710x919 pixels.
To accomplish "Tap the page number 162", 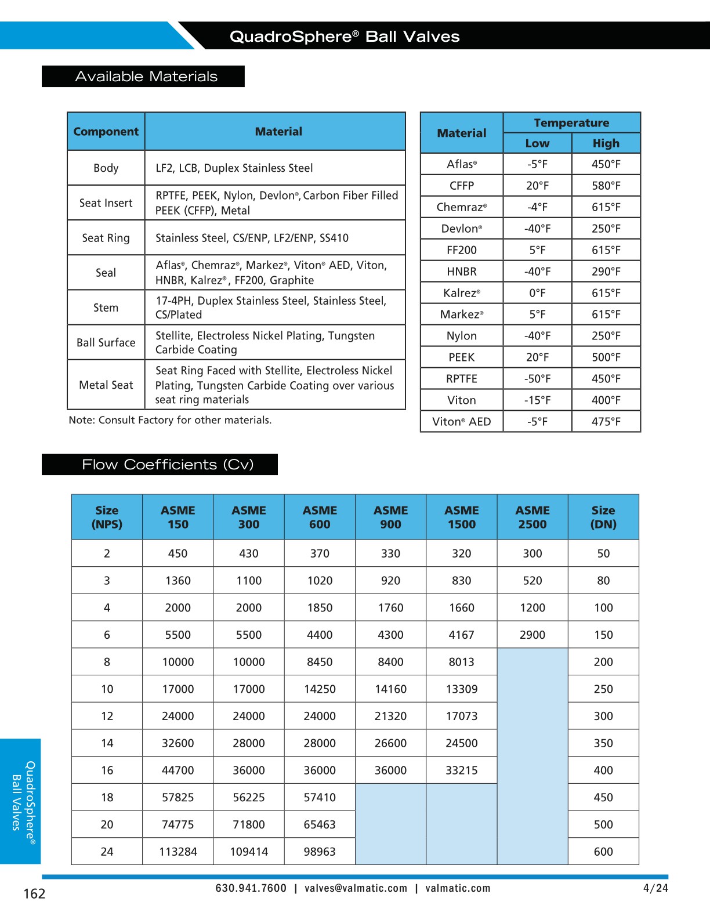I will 34,894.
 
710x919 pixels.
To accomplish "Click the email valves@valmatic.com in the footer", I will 356,888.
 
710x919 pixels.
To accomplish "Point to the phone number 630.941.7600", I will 251,888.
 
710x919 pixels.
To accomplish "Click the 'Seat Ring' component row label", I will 106,238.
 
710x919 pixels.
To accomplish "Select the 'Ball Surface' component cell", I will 106,343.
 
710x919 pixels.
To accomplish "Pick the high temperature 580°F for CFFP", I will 606,186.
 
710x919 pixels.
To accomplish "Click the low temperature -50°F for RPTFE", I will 537,379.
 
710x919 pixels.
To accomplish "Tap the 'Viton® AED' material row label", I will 461,422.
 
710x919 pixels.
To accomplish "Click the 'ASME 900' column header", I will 390,517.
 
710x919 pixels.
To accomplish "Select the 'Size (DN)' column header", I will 603,517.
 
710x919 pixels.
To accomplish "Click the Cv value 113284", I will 178,852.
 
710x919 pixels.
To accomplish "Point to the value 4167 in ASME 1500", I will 461,635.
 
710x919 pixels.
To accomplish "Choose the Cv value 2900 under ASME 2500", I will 532,635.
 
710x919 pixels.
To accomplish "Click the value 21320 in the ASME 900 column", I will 390,716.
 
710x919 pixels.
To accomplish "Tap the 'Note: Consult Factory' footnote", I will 170,420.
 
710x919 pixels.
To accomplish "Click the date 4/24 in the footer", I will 655,888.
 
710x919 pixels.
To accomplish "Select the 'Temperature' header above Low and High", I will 571,123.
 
